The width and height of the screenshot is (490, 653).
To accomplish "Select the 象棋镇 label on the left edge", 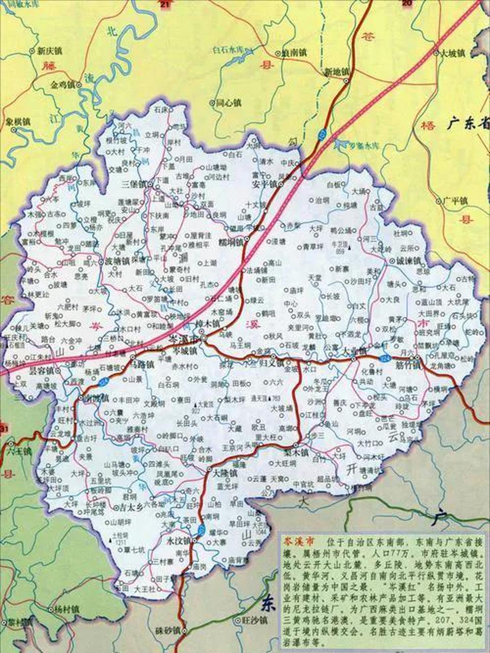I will [18, 122].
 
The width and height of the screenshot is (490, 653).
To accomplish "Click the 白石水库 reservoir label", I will [229, 50].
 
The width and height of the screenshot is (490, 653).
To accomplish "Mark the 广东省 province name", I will [467, 123].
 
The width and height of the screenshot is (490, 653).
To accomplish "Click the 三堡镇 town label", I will [133, 184].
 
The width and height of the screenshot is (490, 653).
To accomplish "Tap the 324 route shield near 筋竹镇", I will [386, 359].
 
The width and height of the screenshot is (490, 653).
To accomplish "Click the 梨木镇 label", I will [297, 452].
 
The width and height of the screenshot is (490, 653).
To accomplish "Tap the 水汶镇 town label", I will [178, 540].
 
